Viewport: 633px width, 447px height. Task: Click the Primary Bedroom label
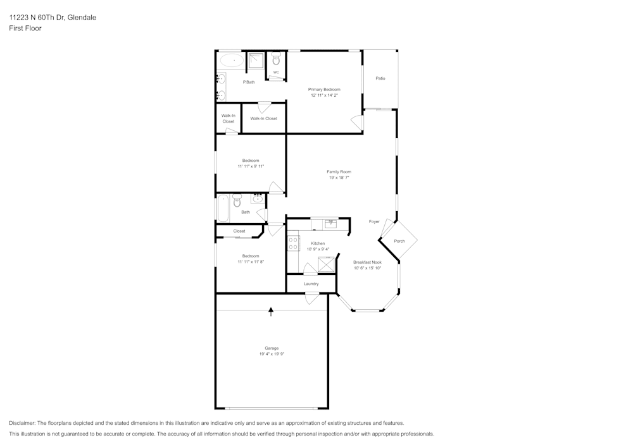(x=324, y=90)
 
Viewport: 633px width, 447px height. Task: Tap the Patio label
(x=380, y=78)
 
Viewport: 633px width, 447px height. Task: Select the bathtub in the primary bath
(x=231, y=61)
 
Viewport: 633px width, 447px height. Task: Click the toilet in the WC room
(x=276, y=60)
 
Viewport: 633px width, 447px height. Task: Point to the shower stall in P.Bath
(x=255, y=61)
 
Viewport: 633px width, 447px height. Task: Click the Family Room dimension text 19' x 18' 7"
(x=339, y=178)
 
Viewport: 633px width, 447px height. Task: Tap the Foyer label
(x=374, y=221)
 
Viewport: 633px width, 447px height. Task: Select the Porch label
(x=399, y=241)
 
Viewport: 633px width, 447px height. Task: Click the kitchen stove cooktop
(x=293, y=243)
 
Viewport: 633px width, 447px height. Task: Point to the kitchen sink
(x=330, y=223)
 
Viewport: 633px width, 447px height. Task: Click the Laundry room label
(x=311, y=284)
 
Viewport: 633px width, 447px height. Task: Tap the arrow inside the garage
(x=271, y=310)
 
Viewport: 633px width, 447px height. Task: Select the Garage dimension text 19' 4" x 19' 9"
(x=272, y=354)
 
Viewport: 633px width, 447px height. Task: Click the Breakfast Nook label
(x=367, y=262)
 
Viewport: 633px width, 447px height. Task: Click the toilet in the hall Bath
(x=237, y=200)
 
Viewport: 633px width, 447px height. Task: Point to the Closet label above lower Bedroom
(x=239, y=231)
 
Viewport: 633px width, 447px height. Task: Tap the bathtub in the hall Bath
(x=223, y=209)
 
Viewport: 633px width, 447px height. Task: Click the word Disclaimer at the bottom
(x=22, y=423)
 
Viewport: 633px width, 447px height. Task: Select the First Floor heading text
(x=25, y=28)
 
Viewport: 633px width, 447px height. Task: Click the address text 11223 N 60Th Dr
(x=39, y=18)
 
